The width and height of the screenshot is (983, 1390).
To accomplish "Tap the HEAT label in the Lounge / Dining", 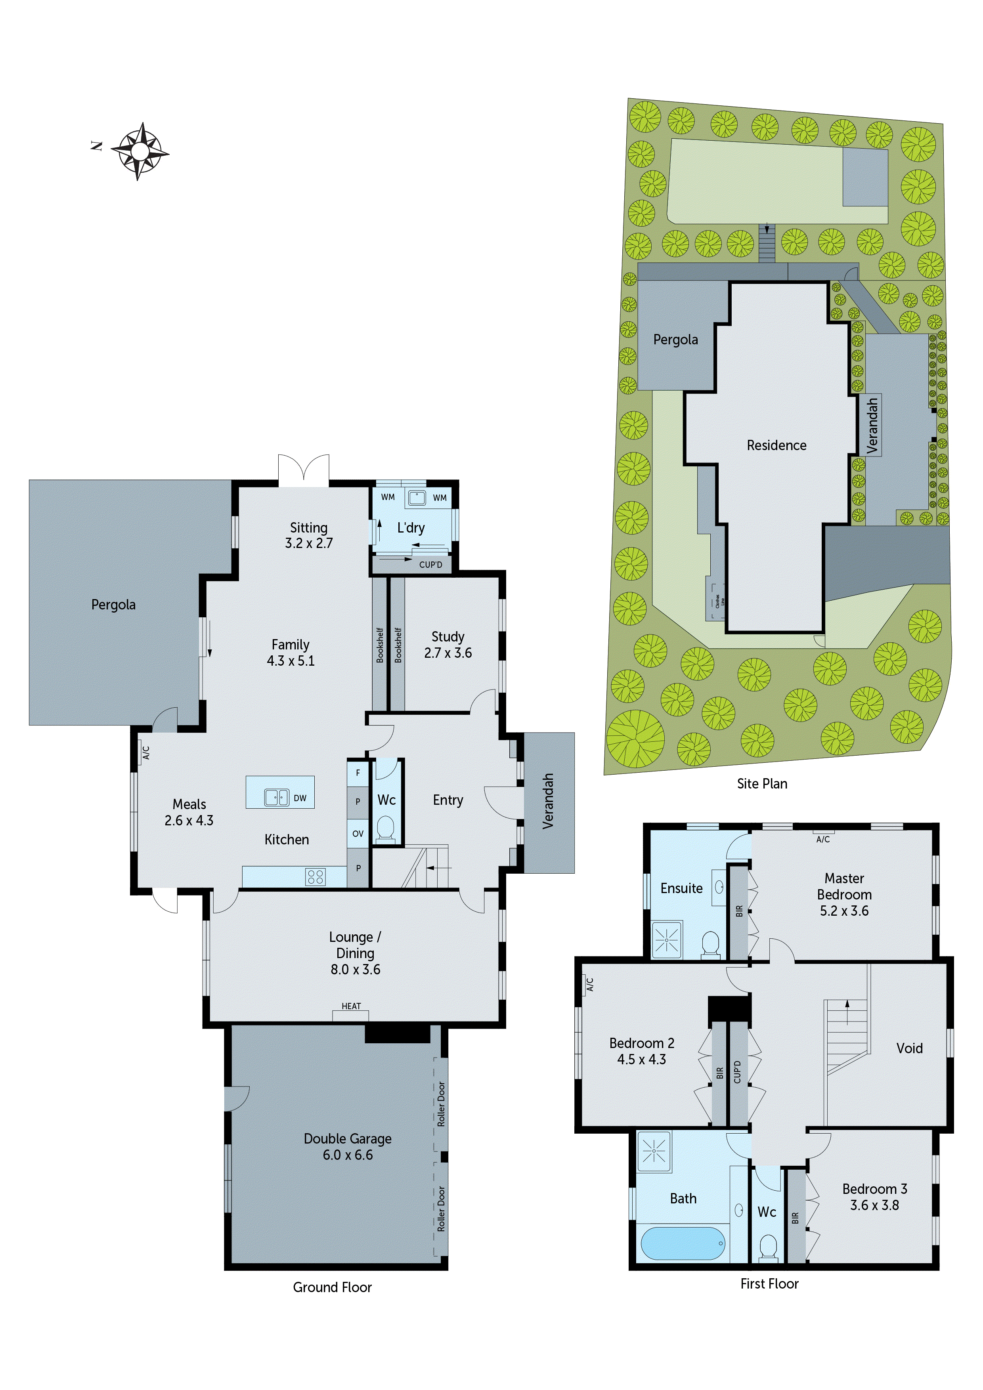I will (351, 1006).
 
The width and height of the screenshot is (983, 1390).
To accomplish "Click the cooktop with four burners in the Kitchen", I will (315, 876).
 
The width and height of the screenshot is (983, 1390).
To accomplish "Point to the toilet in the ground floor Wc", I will (385, 828).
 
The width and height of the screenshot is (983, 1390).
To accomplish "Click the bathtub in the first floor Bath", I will (683, 1243).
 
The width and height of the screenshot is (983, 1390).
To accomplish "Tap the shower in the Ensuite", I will (666, 939).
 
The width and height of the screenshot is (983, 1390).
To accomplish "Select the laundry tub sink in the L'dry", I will (416, 498).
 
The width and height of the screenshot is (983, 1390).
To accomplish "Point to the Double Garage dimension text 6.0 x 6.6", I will (348, 1155).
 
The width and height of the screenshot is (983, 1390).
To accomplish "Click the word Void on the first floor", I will (909, 1048).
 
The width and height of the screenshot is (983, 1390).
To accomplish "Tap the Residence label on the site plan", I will (776, 446).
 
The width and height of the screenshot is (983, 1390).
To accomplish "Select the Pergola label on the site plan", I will (675, 340).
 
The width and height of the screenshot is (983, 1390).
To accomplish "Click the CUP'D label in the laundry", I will (430, 565).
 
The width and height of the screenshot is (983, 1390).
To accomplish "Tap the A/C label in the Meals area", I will (146, 752).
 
